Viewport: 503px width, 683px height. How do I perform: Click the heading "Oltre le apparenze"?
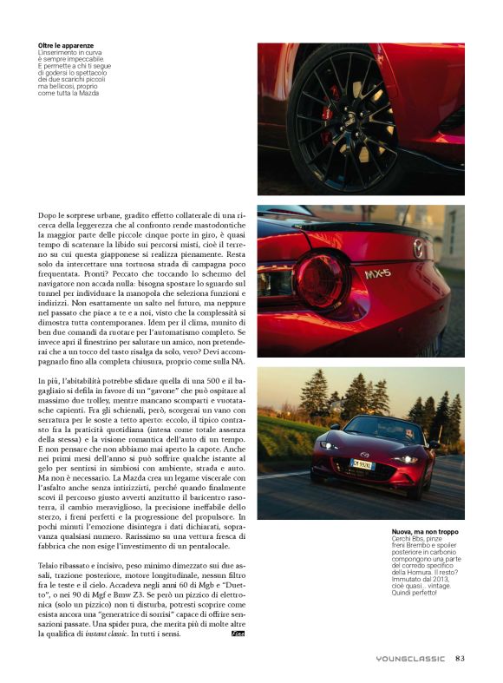point(66,44)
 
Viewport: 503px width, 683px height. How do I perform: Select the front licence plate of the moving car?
point(363,464)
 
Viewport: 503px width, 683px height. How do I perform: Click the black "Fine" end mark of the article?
point(237,634)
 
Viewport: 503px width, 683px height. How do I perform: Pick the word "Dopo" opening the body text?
point(49,213)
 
